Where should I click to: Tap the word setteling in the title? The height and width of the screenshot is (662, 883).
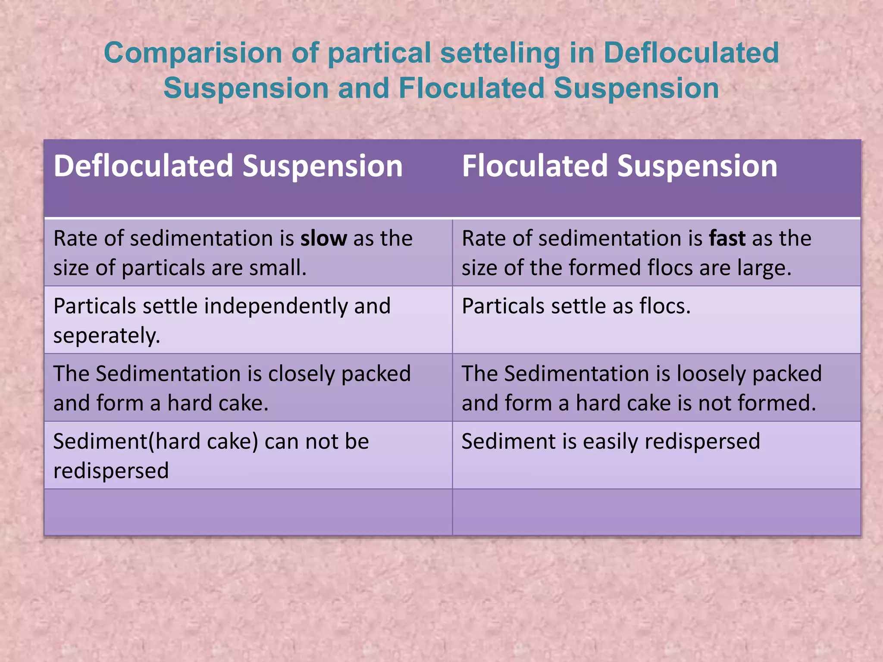point(500,53)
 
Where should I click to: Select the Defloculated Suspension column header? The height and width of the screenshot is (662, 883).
point(228,166)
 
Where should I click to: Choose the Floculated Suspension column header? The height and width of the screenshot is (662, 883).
point(620,166)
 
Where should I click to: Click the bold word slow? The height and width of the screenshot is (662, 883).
point(323,239)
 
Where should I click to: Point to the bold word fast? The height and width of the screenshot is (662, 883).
point(727,239)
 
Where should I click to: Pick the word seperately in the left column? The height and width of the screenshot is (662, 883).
point(106,336)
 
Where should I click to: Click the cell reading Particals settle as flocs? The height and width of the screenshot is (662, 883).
point(576,306)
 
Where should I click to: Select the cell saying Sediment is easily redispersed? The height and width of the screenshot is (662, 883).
point(611,441)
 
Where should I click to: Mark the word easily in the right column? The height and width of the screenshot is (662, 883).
point(610,441)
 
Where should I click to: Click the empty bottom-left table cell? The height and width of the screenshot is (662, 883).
point(248,512)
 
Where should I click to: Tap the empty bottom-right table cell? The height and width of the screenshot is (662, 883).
point(656,512)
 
